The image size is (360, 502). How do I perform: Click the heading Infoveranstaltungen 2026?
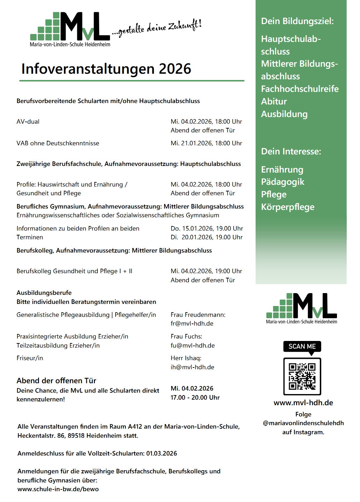point(106,69)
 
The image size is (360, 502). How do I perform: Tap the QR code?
point(302,376)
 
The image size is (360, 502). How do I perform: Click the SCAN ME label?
point(302,346)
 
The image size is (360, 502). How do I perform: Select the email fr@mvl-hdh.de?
point(192,323)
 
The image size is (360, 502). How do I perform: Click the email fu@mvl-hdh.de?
point(192,345)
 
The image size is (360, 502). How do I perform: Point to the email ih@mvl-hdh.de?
point(192,367)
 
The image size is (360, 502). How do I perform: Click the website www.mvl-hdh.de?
point(303,403)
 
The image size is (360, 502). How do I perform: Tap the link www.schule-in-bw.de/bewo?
point(58,489)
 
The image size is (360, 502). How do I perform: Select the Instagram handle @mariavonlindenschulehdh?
point(303,423)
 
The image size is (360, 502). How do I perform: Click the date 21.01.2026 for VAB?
point(197,143)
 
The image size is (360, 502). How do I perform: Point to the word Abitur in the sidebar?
point(274,101)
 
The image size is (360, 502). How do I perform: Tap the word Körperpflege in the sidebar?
point(287,207)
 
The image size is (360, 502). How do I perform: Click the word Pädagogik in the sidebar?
point(282,182)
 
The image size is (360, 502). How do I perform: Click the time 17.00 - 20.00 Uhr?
point(195,398)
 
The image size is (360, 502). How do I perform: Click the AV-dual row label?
point(28,122)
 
